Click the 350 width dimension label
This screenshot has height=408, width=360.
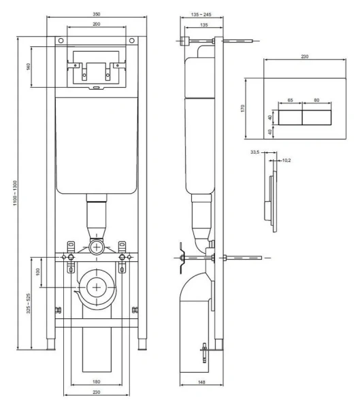(97, 14)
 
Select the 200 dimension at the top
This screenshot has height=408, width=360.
(97, 24)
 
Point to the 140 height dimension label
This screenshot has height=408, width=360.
(28, 67)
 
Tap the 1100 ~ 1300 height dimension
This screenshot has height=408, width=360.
(15, 193)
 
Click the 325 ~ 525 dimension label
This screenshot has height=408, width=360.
(28, 303)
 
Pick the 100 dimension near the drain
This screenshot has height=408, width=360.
(38, 271)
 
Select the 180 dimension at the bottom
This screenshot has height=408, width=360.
(97, 381)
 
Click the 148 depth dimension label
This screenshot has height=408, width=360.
(201, 382)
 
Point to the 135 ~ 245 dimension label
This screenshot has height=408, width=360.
(201, 14)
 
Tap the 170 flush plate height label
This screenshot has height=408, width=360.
(242, 108)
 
